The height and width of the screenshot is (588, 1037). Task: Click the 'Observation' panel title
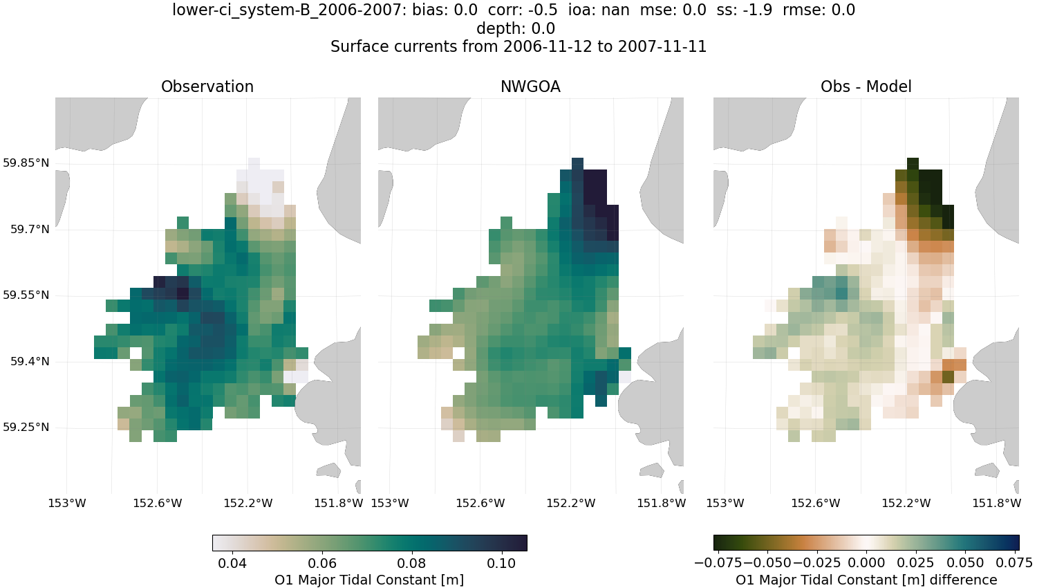[207, 86]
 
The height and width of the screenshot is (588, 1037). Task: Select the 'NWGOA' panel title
[530, 86]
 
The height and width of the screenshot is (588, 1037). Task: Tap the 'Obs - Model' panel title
[866, 86]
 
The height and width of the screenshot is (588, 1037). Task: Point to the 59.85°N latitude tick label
[26, 163]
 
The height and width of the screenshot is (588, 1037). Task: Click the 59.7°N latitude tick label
[30, 229]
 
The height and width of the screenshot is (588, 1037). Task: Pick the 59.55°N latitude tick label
[26, 295]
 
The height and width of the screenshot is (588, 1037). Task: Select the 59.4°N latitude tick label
[30, 361]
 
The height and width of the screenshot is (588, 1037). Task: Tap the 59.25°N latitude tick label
[26, 427]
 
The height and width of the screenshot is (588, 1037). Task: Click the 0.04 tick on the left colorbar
[232, 563]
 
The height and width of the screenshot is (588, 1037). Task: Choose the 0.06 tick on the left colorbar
[322, 563]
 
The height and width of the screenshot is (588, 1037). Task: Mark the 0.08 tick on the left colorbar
[412, 563]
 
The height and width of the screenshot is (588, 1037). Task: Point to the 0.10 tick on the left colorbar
[501, 563]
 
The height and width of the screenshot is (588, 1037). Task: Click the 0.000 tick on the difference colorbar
[866, 563]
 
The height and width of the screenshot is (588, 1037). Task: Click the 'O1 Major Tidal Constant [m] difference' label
[866, 580]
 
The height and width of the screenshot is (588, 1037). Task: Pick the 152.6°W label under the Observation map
[158, 503]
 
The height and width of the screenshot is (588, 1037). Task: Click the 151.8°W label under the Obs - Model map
[996, 503]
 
